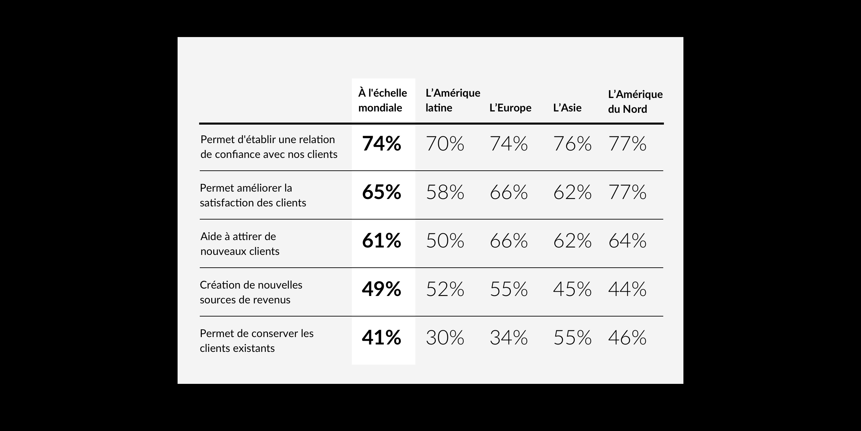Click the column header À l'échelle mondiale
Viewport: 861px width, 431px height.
click(382, 100)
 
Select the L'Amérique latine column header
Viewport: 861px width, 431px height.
click(453, 100)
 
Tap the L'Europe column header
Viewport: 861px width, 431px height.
click(510, 108)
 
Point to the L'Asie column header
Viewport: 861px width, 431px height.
click(567, 108)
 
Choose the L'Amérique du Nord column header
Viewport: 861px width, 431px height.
click(635, 101)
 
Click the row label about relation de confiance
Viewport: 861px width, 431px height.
click(269, 147)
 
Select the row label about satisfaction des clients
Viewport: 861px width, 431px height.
click(253, 195)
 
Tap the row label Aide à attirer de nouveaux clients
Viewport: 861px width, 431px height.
click(240, 244)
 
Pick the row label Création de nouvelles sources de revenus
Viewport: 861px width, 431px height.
click(251, 292)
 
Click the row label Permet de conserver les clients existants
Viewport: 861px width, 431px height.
click(257, 341)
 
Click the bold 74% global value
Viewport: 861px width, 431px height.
click(381, 144)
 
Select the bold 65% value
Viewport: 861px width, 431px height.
click(381, 192)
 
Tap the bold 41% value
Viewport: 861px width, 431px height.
click(381, 338)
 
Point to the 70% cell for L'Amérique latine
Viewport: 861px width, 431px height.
click(445, 144)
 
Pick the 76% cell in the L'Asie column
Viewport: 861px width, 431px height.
click(572, 144)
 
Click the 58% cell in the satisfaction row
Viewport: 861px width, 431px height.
click(445, 192)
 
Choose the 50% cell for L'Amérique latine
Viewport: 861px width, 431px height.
click(445, 241)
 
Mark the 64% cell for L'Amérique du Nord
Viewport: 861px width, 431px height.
click(627, 241)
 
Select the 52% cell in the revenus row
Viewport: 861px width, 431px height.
click(445, 289)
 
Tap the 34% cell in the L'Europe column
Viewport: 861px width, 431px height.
click(509, 338)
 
